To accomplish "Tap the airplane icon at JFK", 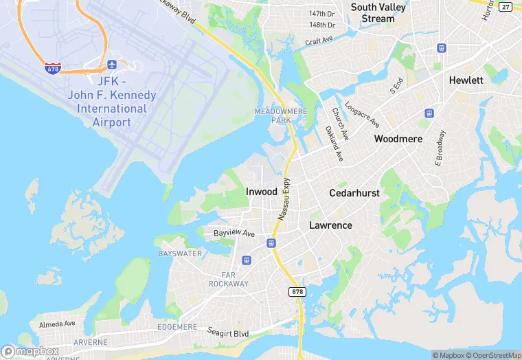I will click(112, 65).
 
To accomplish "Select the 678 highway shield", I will click(52, 68).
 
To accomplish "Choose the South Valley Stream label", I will click(378, 13).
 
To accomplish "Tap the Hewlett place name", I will click(466, 80).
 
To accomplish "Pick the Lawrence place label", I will click(330, 225).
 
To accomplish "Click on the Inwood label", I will click(262, 192).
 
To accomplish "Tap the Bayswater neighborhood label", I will click(181, 254).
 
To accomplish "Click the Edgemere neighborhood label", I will click(177, 327).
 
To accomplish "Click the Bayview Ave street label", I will click(234, 234).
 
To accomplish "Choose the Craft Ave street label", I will click(319, 41).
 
